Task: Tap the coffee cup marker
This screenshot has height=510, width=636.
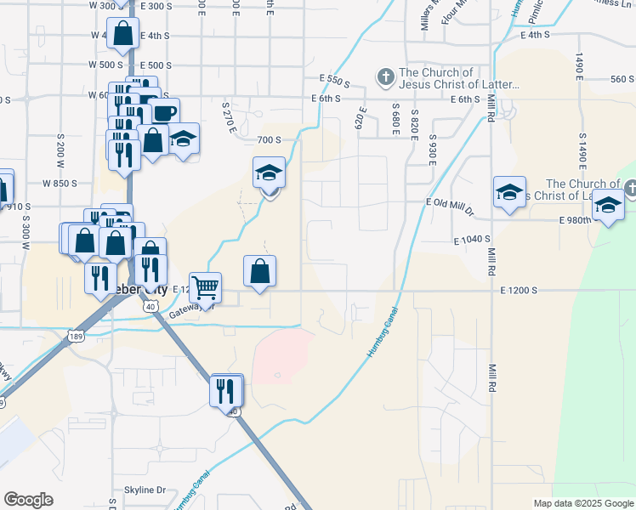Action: click(165, 112)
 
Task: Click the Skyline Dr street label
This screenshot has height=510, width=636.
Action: click(145, 490)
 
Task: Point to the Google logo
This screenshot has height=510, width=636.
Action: click(29, 500)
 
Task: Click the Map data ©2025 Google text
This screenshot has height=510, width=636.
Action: click(583, 503)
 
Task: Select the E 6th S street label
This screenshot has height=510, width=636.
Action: click(325, 99)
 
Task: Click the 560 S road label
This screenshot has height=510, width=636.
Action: click(622, 79)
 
